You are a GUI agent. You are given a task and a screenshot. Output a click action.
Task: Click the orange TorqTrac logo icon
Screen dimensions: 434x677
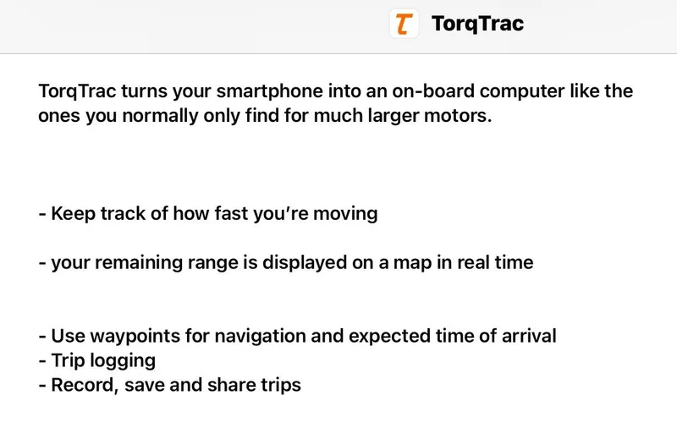[404, 24]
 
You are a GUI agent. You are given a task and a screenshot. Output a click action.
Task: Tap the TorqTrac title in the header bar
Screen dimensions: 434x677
[477, 24]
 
